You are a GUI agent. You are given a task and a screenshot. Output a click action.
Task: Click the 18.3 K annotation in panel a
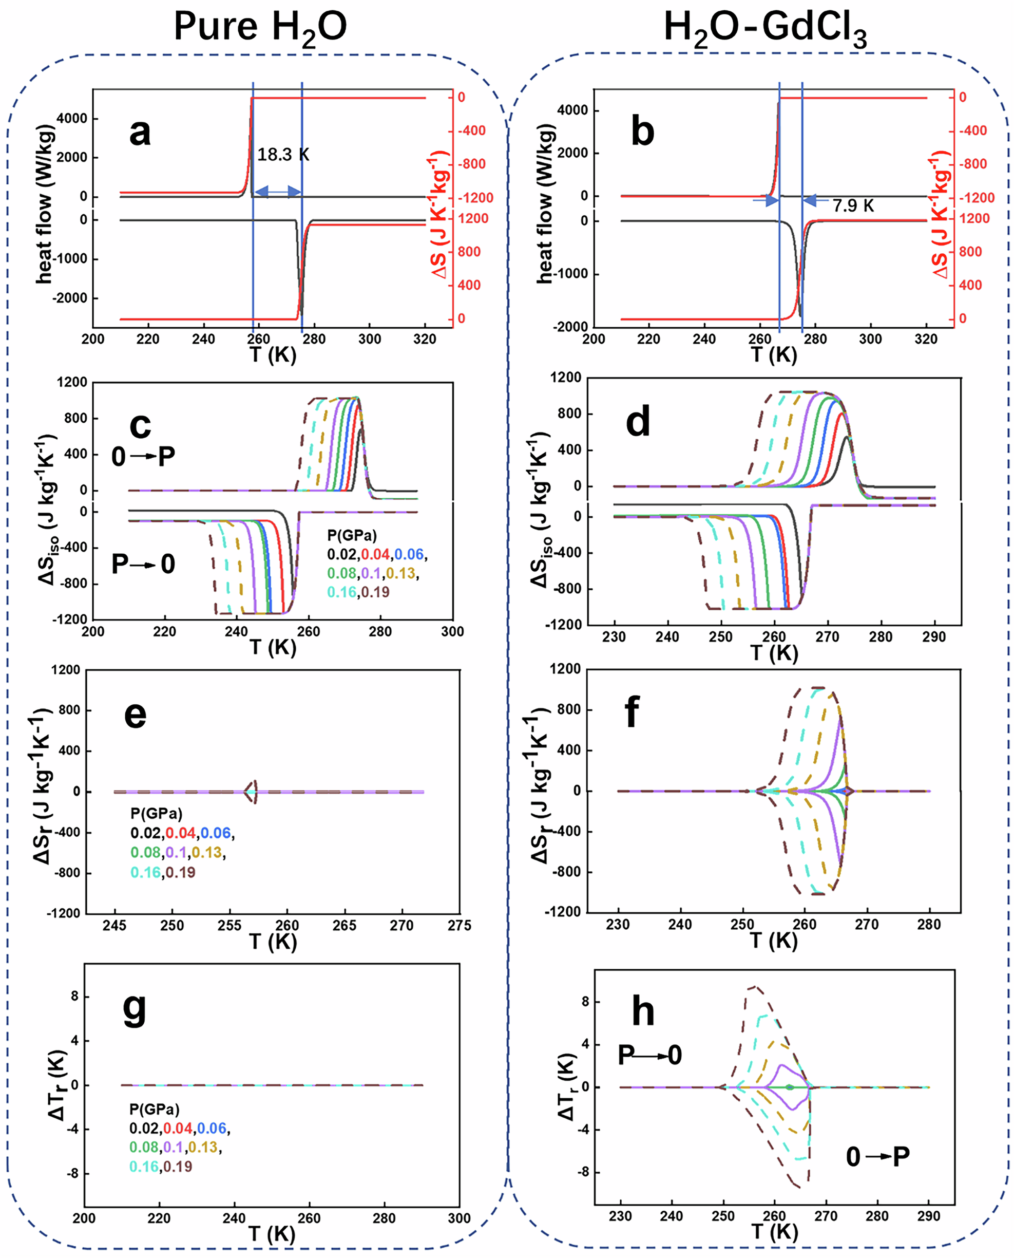tap(283, 155)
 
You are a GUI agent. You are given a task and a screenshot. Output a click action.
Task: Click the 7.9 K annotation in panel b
tap(853, 205)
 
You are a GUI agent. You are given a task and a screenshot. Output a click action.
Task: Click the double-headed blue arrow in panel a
tap(278, 191)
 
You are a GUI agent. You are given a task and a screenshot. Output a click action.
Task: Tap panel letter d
tap(637, 422)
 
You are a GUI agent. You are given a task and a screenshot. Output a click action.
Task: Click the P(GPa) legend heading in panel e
tap(156, 813)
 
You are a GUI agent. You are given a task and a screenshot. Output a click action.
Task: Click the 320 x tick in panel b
tap(926, 340)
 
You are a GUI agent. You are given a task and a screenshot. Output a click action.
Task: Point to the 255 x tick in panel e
tap(229, 926)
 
